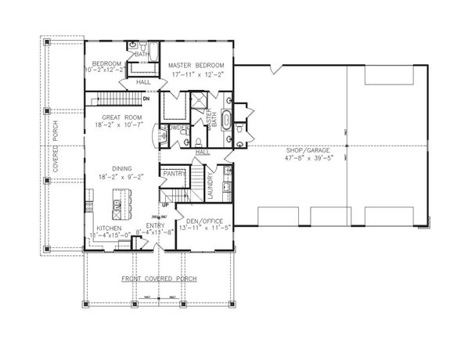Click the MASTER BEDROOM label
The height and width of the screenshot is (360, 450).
point(196,64)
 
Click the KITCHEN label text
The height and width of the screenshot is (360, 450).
point(105,229)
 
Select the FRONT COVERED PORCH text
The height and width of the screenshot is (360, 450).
point(158,279)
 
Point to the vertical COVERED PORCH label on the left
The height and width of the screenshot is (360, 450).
point(56,132)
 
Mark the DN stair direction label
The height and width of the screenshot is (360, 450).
point(146,99)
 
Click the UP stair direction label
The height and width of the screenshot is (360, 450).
point(165,205)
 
